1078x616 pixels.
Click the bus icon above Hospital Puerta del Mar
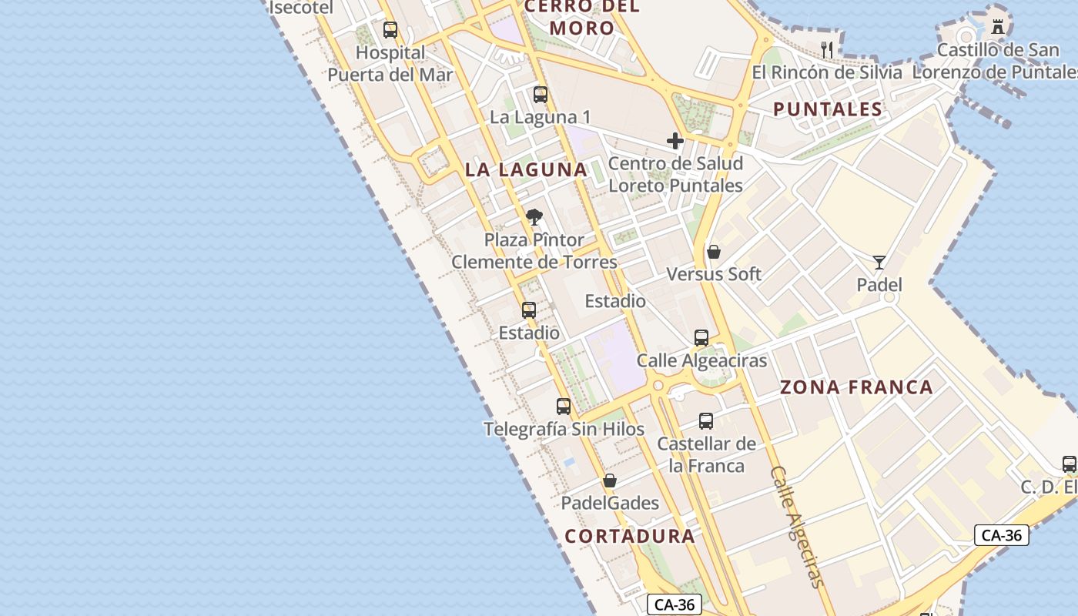390,30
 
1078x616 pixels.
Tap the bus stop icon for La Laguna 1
541,95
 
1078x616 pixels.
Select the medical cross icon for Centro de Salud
675,141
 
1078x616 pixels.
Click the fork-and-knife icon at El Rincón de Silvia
828,50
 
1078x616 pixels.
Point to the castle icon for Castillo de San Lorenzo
998,27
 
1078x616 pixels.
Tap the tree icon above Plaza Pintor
534,217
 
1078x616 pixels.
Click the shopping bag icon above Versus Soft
714,252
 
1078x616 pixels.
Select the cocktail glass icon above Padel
879,263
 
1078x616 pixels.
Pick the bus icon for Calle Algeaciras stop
701,337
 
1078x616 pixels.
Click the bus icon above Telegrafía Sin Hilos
564,406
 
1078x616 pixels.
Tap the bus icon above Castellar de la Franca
706,421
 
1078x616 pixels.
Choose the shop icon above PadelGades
610,480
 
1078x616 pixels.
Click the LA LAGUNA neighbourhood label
526,169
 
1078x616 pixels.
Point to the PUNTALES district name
828,109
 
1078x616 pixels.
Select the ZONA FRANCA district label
856,387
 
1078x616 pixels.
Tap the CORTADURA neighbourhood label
630,536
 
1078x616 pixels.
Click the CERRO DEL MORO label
582,18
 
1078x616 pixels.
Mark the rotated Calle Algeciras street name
797,527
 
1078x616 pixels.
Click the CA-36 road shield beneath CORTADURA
675,605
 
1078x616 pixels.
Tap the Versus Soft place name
714,274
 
